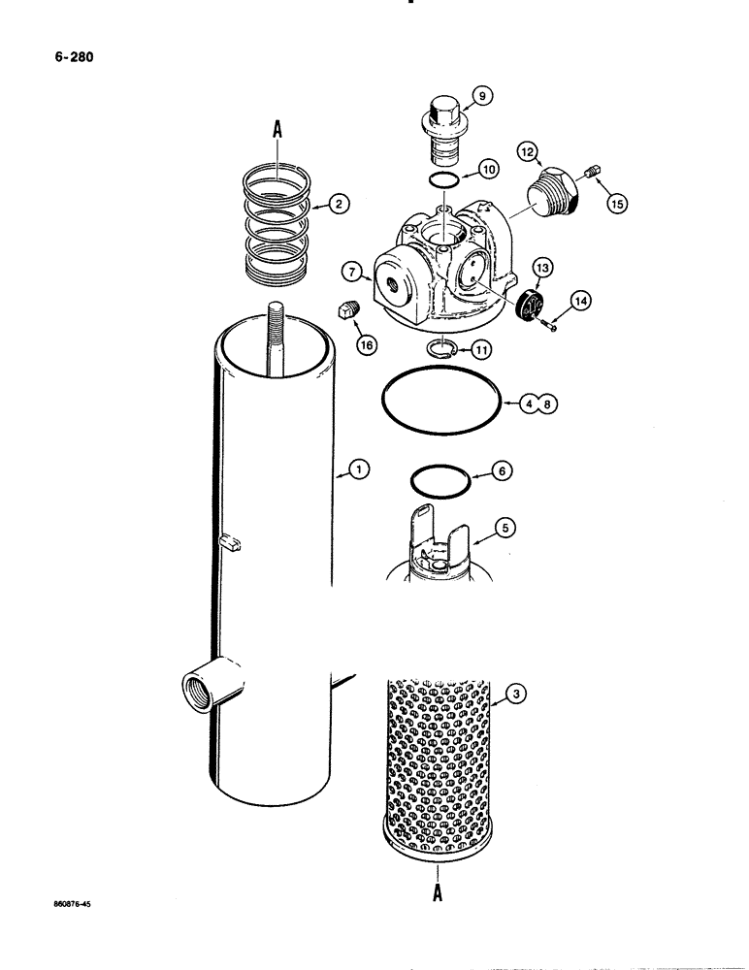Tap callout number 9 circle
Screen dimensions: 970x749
[x=482, y=95]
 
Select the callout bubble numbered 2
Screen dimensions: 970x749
[x=339, y=204]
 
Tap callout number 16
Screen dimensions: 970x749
[x=367, y=342]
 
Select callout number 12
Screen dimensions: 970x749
[x=527, y=151]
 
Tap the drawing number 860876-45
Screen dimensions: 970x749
[x=81, y=903]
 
